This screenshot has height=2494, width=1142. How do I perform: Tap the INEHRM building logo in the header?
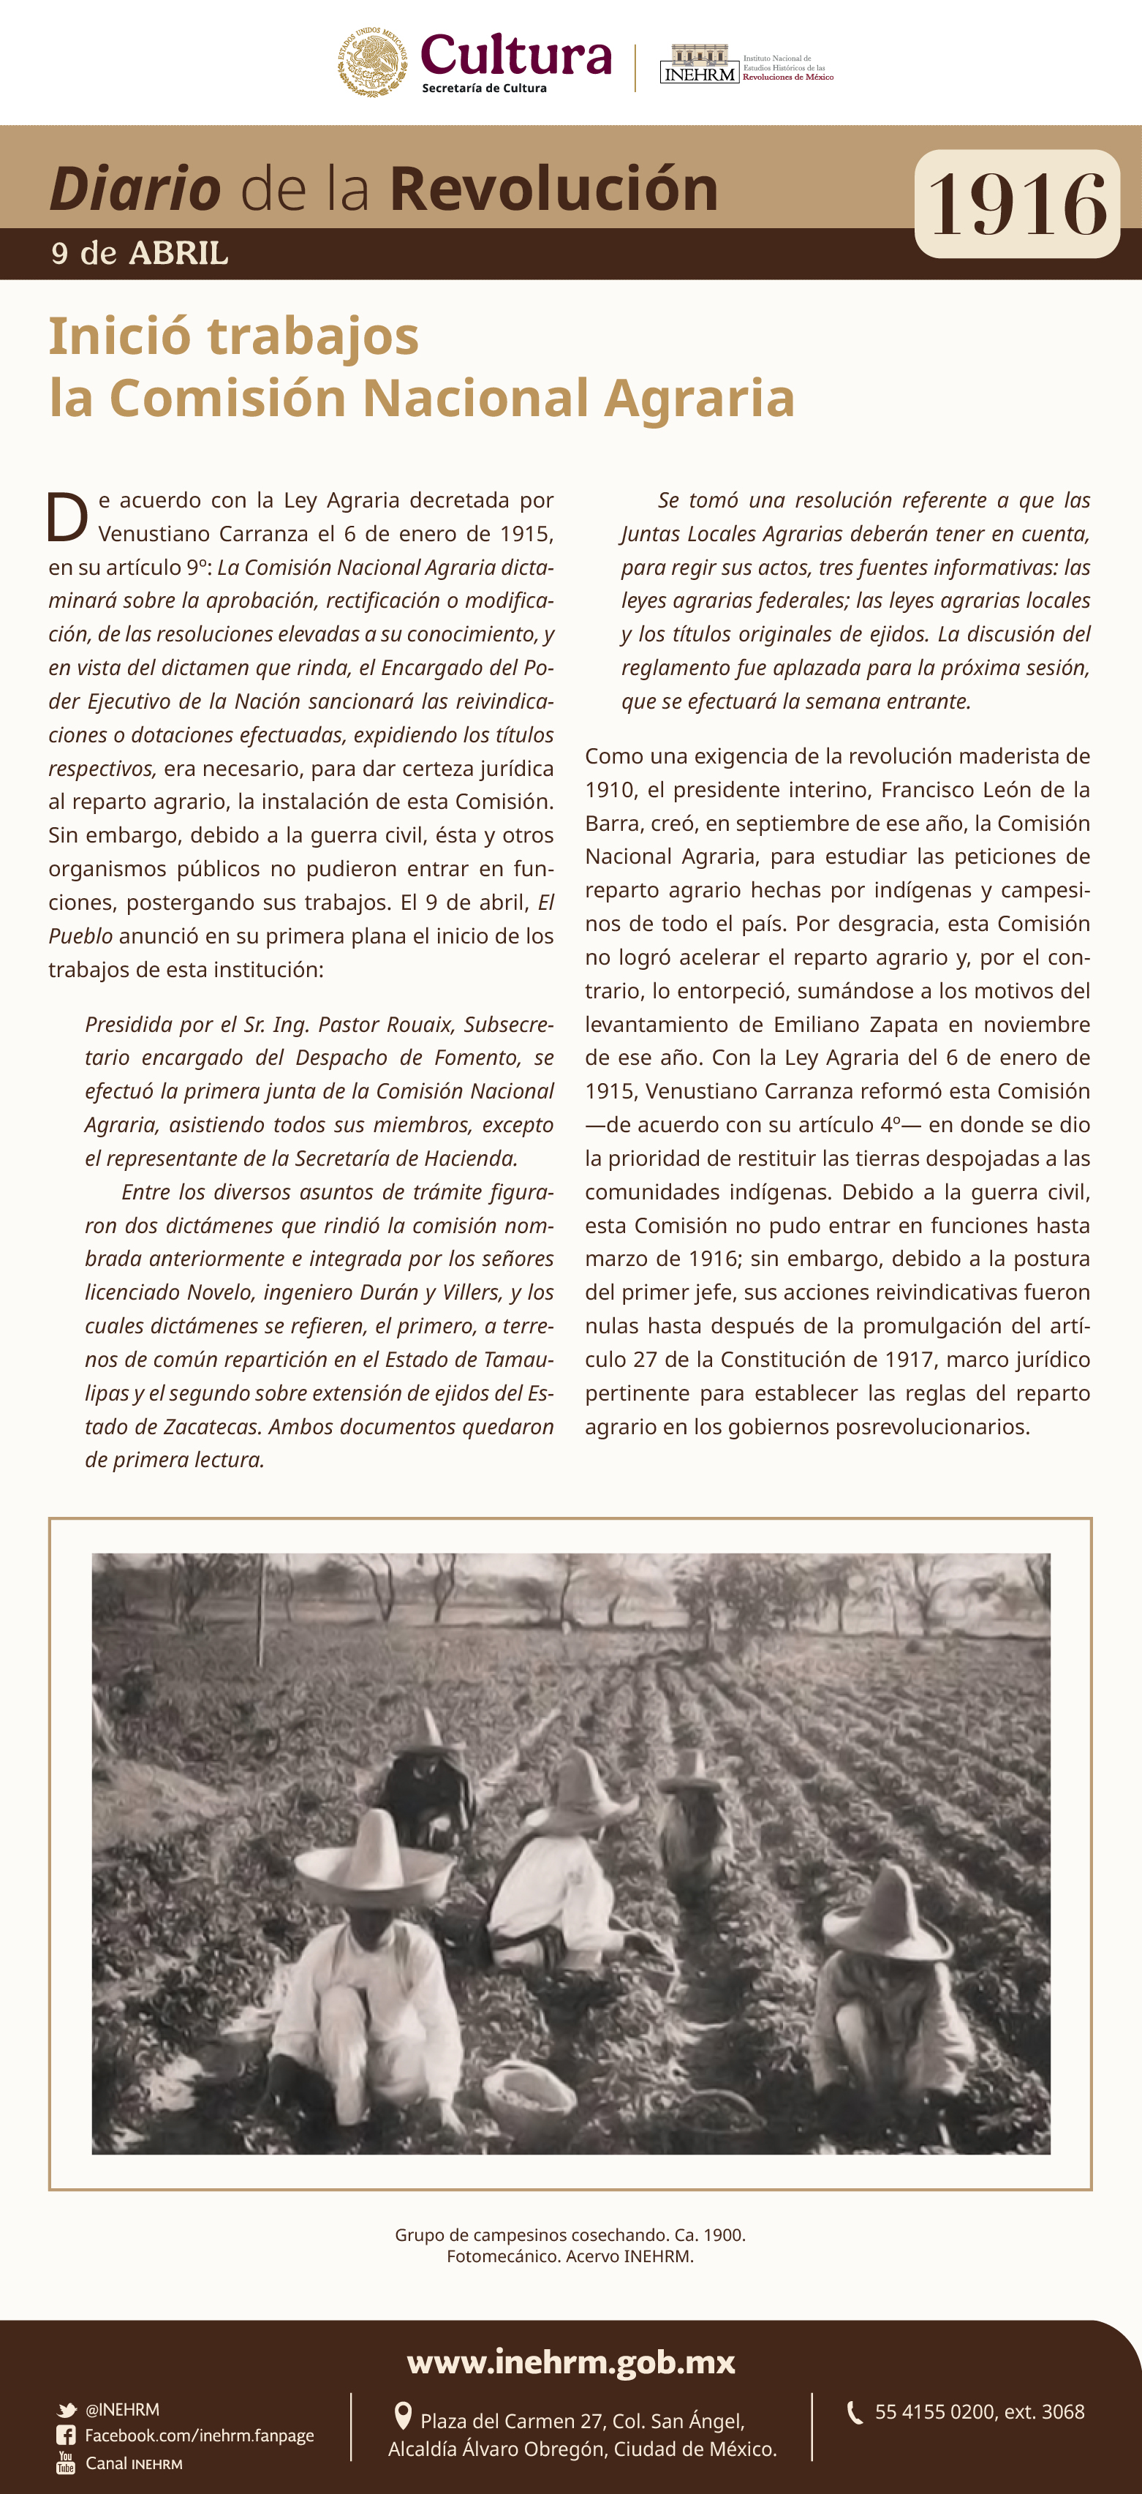point(699,64)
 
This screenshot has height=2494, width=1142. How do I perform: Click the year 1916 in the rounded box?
point(1016,204)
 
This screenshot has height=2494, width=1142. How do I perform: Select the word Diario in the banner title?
point(135,188)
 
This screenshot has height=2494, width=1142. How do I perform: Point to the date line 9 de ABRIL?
point(140,254)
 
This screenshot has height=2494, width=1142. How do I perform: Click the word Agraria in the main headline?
point(699,398)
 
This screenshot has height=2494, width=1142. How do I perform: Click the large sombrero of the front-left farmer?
point(374,1853)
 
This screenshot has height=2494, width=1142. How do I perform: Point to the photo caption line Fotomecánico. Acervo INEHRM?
point(570,2256)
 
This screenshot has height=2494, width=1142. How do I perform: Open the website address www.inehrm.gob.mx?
point(571,2362)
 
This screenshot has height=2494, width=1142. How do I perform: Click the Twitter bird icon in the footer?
point(67,2410)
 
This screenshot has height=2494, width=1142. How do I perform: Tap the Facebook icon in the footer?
point(66,2435)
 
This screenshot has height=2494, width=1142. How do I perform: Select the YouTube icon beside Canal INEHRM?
point(66,2462)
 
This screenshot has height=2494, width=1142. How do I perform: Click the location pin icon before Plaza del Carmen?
point(404,2416)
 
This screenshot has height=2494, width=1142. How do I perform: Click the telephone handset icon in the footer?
point(855,2411)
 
